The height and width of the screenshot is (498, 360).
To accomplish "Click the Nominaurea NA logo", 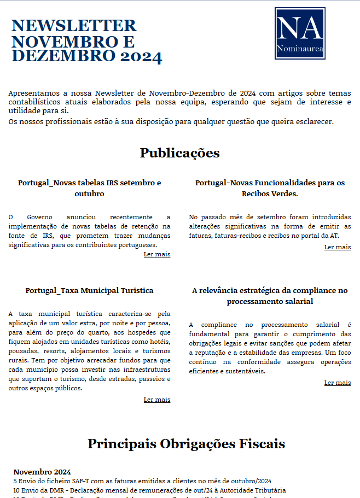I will point(299,33).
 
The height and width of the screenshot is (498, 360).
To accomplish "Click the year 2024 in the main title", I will point(142,56).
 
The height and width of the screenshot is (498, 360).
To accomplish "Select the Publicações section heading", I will point(179,153).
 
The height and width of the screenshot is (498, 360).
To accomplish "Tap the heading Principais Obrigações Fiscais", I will point(186,443).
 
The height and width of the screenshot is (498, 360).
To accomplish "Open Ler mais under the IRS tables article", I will point(157,254).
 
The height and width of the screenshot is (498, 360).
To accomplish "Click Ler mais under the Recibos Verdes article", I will point(338,247).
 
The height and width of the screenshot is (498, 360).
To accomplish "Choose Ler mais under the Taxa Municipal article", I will point(157,400).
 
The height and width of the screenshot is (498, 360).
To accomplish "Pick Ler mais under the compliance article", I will point(338,383).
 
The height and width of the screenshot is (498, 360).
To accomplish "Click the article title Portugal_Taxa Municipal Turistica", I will point(89,290).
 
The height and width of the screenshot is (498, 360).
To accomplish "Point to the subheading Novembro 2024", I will point(42,472).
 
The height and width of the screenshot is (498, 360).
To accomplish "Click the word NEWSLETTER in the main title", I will point(74,26).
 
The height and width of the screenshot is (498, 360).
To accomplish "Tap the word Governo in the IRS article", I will point(41,217).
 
